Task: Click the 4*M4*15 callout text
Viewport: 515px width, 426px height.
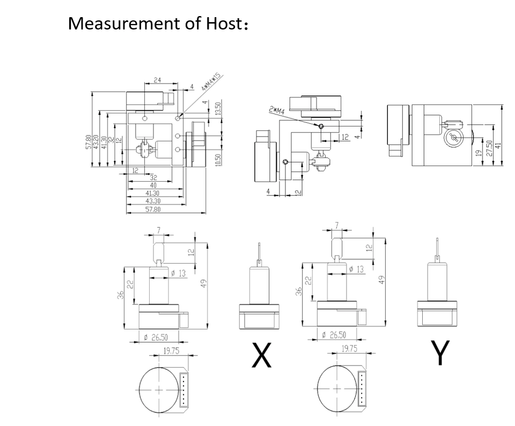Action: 212,81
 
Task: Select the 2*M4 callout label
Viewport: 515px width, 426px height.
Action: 277,110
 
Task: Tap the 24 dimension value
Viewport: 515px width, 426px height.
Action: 157,80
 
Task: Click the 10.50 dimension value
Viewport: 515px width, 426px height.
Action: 217,160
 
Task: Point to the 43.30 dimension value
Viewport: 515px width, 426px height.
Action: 152,201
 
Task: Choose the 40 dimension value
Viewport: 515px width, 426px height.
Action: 153,185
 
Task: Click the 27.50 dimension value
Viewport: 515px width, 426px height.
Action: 489,148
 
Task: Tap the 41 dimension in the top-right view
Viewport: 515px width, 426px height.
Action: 497,145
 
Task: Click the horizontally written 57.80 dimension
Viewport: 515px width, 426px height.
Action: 153,209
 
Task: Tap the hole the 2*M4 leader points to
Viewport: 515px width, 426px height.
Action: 321,126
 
